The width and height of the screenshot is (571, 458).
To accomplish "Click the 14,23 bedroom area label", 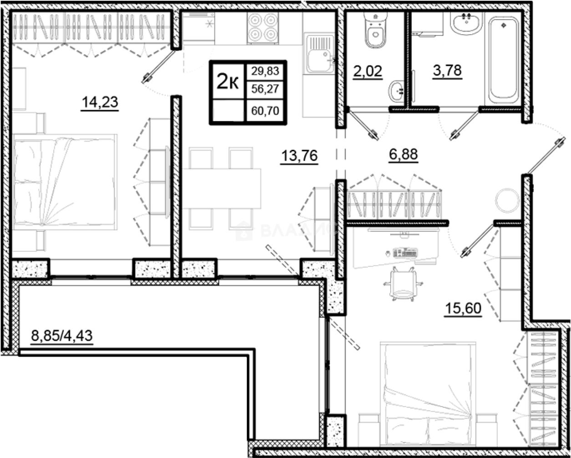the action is click(100, 102).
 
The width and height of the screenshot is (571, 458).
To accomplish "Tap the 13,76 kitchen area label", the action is click(299, 156).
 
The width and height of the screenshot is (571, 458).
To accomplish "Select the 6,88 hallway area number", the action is click(403, 154).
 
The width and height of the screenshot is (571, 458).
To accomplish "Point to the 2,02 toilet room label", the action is click(367, 71).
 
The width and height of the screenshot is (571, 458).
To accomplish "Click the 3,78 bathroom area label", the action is click(447, 71).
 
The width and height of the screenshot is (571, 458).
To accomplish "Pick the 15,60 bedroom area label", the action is click(463, 308).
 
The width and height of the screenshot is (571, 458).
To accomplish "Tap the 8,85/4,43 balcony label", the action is click(62, 336).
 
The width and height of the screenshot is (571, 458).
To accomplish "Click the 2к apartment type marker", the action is click(228, 81).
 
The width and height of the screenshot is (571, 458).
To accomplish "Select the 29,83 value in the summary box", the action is click(265, 71).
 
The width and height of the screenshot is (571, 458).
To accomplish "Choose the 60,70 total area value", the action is click(265, 110).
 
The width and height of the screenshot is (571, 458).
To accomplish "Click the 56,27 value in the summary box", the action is click(265, 89).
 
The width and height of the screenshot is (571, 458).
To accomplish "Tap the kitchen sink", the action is click(319, 54).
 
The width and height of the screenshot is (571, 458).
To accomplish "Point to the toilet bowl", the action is click(375, 30).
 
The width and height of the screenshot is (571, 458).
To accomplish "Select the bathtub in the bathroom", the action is click(503, 60).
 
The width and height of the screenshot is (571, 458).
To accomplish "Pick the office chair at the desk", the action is click(403, 284).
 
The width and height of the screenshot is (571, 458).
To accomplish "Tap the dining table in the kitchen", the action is click(221, 188).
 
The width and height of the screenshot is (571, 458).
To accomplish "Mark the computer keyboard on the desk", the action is click(405, 252).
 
